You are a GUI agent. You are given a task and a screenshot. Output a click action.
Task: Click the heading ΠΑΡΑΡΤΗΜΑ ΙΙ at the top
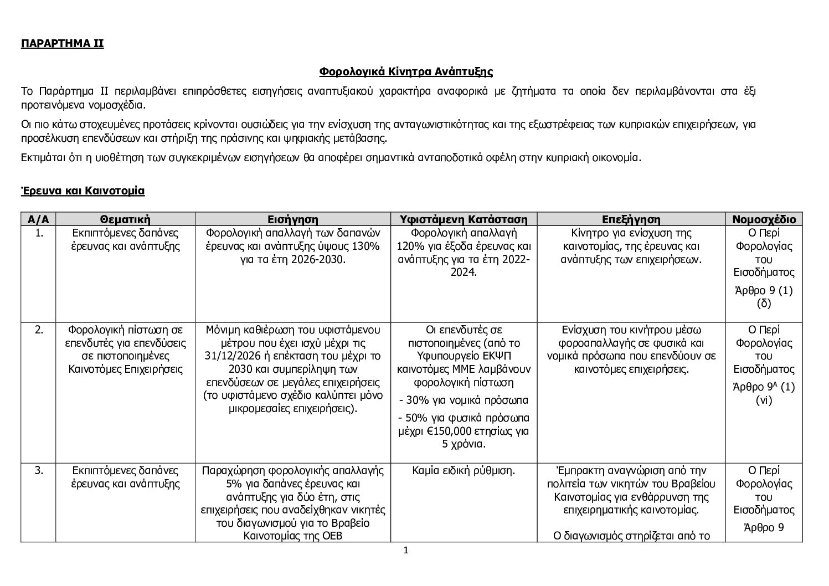[62, 44]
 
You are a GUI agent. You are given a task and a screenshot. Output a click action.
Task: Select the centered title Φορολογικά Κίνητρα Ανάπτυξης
[406, 71]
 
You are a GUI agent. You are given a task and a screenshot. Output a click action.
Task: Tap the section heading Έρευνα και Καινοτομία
[83, 191]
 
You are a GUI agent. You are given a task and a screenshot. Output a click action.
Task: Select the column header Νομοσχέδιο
[764, 219]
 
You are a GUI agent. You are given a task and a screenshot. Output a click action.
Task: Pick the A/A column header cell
[38, 219]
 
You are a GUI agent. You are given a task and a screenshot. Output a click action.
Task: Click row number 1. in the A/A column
[39, 233]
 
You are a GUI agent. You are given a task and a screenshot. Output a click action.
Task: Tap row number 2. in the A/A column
[39, 330]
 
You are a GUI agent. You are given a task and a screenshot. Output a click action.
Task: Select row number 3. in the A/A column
[39, 471]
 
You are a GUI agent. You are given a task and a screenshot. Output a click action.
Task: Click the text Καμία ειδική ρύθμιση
[464, 471]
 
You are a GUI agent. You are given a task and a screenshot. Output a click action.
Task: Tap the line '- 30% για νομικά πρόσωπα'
[464, 400]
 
